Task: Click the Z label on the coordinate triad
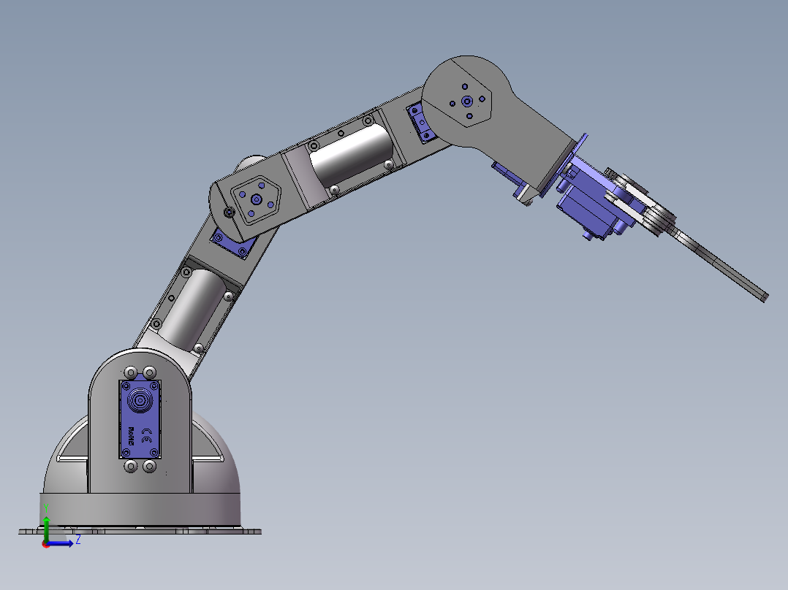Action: [x=77, y=541]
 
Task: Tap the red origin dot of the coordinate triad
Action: [x=46, y=543]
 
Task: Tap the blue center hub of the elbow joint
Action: [x=257, y=199]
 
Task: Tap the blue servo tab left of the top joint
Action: [x=421, y=121]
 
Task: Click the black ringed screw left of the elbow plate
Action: [x=230, y=212]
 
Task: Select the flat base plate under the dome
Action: [x=139, y=530]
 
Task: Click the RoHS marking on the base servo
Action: [x=132, y=436]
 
